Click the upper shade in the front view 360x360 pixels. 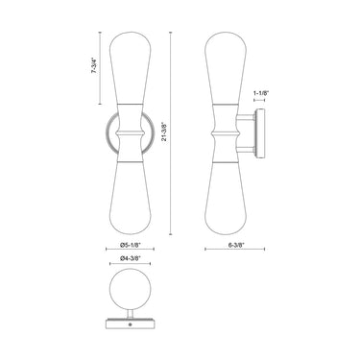[x=132, y=77]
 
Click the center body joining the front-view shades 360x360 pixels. [x=132, y=140]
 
